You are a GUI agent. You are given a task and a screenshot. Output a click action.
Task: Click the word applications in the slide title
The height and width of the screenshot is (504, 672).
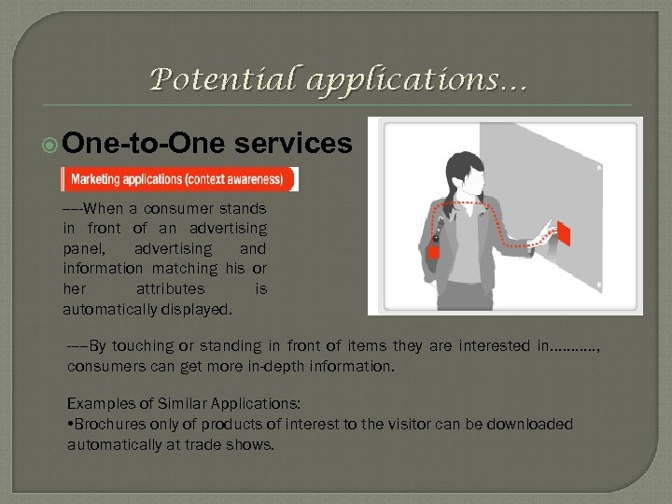(402, 82)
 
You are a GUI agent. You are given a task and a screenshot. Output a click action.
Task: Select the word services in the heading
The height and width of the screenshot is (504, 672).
(294, 144)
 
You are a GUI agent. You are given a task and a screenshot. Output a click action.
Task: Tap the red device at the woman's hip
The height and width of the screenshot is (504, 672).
(434, 253)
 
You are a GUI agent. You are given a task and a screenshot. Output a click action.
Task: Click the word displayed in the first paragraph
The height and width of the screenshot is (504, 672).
(200, 309)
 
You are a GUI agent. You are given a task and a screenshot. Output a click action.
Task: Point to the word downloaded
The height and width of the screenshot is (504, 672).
(528, 425)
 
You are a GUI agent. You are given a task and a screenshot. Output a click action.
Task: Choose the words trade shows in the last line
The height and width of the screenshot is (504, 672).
(237, 445)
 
